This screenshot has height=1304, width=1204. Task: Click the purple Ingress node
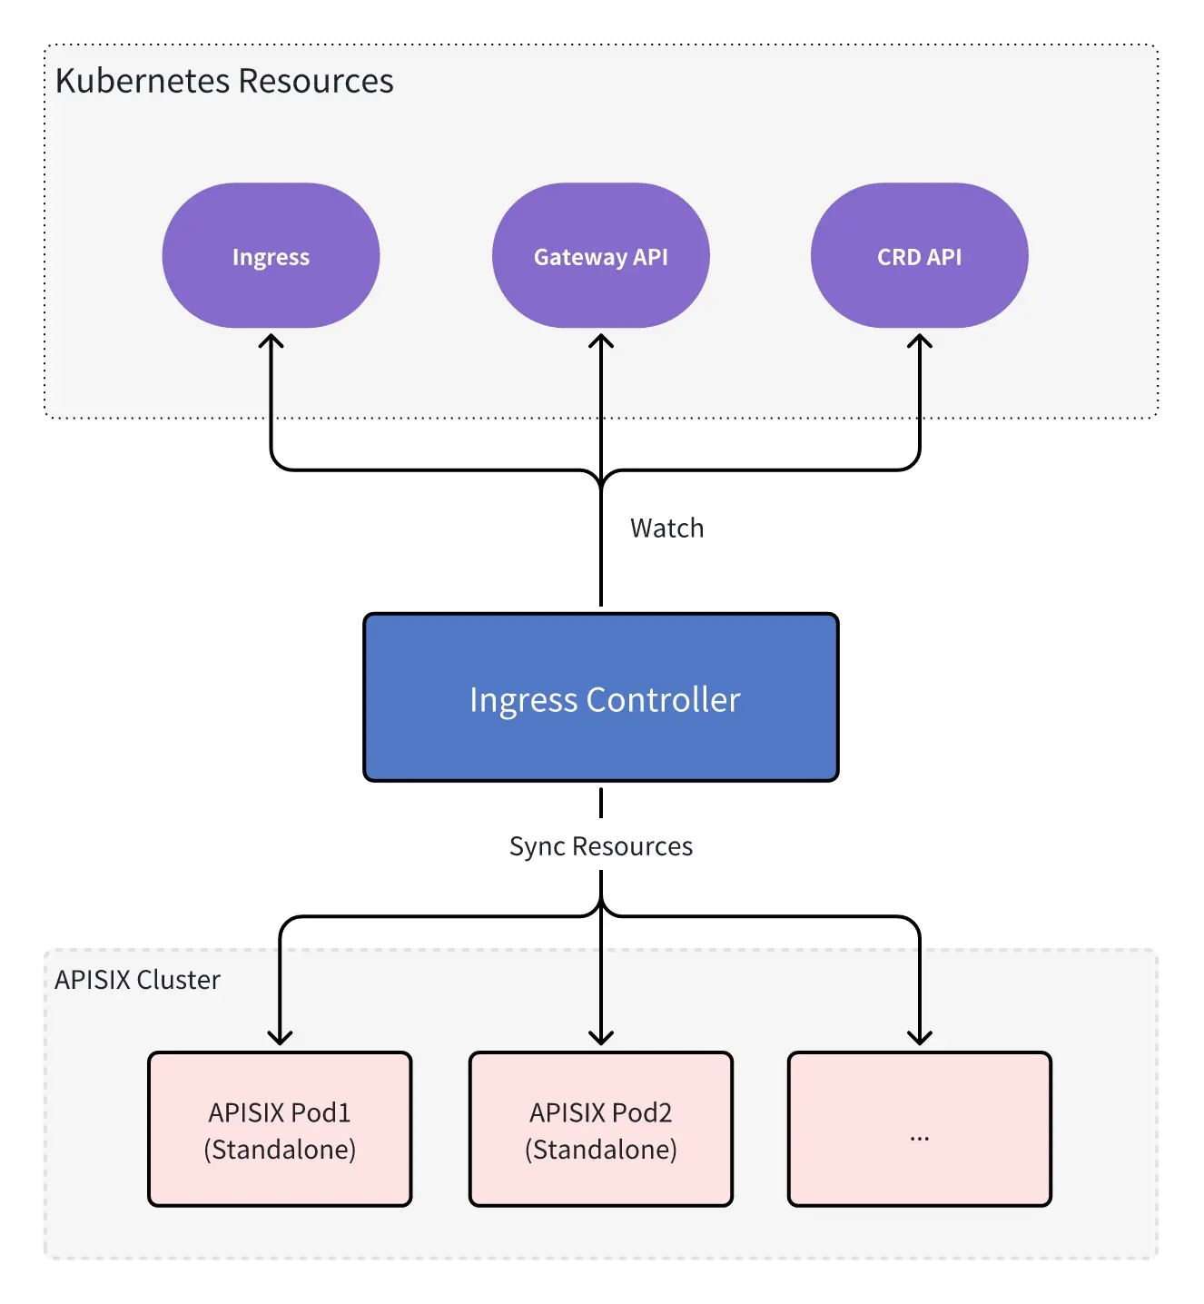[x=271, y=256]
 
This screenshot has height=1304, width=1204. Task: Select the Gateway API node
[x=600, y=256]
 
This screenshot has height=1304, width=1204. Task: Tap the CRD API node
[x=919, y=256]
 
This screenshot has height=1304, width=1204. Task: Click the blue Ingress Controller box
[x=600, y=697]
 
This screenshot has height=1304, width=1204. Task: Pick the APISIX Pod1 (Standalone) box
[x=280, y=1129]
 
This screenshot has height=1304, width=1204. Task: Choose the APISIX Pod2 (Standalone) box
[x=600, y=1129]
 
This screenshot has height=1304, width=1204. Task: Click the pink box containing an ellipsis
[x=919, y=1129]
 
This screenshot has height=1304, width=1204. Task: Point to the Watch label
[x=666, y=529]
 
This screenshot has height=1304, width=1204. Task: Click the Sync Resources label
[x=600, y=846]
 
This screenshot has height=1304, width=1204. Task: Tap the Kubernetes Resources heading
[x=224, y=81]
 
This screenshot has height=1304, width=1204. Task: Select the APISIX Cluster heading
[x=137, y=980]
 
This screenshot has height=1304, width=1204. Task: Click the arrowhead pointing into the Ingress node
[x=271, y=341]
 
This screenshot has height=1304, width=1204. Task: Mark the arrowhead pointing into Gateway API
[x=600, y=341]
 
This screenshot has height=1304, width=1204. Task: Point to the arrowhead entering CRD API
[x=919, y=341]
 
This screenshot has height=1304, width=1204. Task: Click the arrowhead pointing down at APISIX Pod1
[x=280, y=1037]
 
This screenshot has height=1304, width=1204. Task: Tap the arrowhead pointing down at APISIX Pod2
[x=600, y=1037]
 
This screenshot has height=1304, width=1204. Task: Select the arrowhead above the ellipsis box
[x=919, y=1037]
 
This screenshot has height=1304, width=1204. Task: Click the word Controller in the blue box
[x=663, y=700]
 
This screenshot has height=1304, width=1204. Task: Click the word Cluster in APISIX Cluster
[x=178, y=980]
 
